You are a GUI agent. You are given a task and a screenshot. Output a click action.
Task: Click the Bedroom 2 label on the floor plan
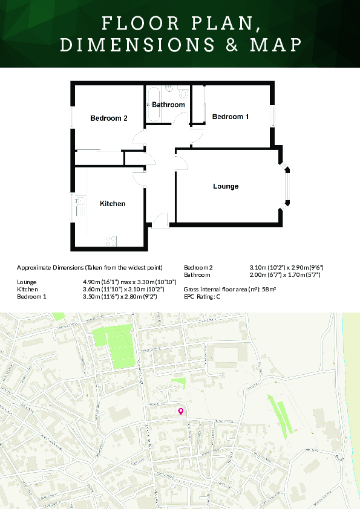pos(109,118)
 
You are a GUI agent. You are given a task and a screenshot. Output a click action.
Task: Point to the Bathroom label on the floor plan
pos(168,105)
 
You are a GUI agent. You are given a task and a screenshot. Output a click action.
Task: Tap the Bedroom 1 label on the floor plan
pos(231,117)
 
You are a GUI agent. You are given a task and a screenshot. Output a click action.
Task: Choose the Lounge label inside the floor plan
pos(226,186)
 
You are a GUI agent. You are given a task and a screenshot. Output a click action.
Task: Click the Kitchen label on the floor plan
pos(113,204)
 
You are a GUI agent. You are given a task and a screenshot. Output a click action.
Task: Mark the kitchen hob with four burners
pos(111,241)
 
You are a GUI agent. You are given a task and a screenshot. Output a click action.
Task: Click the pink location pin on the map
pos(180,412)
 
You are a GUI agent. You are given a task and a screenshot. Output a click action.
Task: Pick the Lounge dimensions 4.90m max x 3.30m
pos(129,282)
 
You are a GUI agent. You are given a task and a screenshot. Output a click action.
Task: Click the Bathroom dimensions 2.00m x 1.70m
pos(284,274)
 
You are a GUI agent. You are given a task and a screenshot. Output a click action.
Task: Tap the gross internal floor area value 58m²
pos(270,290)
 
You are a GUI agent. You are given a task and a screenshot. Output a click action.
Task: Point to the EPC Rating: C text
pos(202,297)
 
